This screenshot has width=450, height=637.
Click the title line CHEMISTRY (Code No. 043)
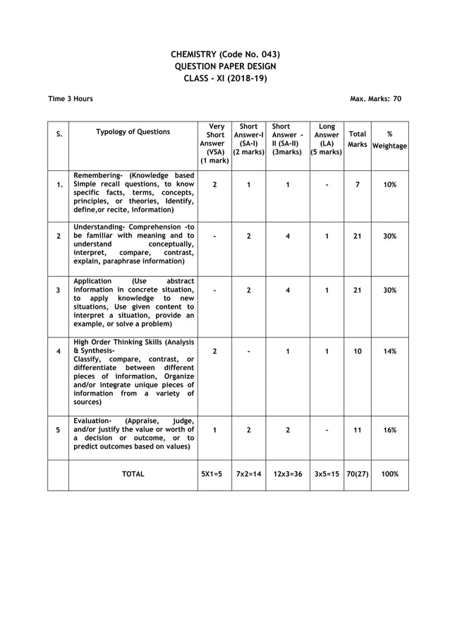coord(225,54)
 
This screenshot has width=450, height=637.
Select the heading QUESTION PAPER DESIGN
coord(225,66)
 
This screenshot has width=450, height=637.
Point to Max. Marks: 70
coord(375,99)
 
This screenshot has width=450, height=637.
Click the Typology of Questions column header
coord(133,131)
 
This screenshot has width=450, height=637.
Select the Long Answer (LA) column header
coord(327,139)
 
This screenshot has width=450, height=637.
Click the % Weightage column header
coord(390,139)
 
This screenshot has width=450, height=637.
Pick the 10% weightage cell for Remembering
coord(390,184)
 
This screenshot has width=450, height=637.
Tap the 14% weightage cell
coord(390,351)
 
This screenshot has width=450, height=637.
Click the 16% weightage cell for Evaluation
coord(390,429)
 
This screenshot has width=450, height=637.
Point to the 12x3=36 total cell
coord(288,475)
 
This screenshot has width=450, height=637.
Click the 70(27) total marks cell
coord(358,475)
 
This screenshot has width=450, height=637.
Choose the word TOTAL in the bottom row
coord(133,475)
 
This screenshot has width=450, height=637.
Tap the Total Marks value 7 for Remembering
coord(358,184)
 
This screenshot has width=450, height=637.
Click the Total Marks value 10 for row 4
coord(358,351)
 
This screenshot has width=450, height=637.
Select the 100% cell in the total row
coord(390,475)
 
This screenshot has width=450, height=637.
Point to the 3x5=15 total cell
coord(327,475)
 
